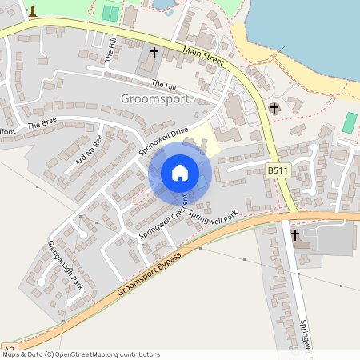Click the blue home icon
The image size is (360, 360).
point(180,172)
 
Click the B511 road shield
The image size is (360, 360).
point(278,170)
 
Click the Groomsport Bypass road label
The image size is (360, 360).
point(148,274)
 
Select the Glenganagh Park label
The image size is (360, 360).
point(65,264)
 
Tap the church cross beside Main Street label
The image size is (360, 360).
point(154,53)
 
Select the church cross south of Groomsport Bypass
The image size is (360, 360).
point(295,235)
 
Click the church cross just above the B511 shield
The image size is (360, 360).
point(274,108)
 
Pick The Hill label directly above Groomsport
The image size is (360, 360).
point(163,84)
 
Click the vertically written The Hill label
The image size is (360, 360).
point(111,50)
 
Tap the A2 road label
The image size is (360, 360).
point(9,350)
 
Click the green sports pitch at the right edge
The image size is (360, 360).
point(350,122)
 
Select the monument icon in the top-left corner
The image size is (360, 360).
point(32,12)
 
